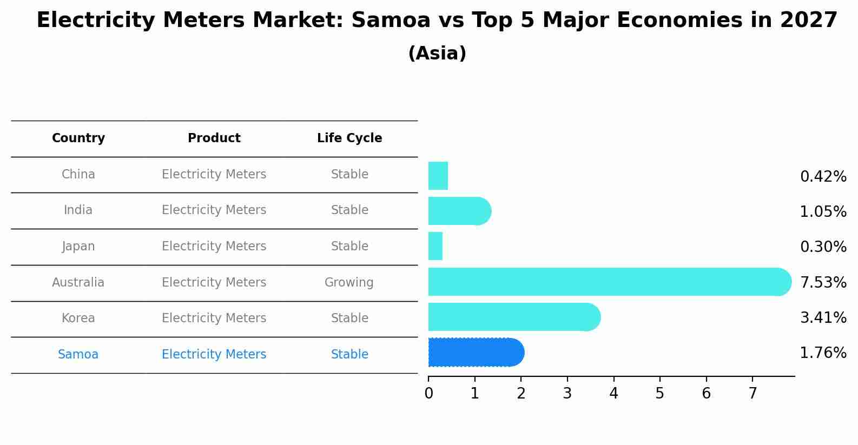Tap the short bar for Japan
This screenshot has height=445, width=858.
click(x=435, y=246)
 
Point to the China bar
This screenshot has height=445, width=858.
click(x=438, y=176)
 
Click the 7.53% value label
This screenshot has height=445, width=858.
click(x=823, y=282)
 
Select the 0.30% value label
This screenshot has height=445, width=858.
click(x=823, y=247)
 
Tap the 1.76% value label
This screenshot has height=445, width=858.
click(x=823, y=353)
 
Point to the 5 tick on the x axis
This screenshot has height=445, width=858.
click(x=659, y=394)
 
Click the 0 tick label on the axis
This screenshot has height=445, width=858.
click(x=428, y=394)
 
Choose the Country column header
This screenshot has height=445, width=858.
click(x=78, y=138)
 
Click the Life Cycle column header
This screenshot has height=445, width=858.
click(x=349, y=138)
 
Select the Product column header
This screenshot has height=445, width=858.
click(x=214, y=138)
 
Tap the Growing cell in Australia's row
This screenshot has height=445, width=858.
click(x=349, y=282)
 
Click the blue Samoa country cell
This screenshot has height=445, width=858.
click(x=78, y=354)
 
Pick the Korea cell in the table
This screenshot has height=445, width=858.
click(x=78, y=318)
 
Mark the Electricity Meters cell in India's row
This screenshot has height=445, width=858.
click(x=214, y=210)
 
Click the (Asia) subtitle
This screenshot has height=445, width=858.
click(x=437, y=54)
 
